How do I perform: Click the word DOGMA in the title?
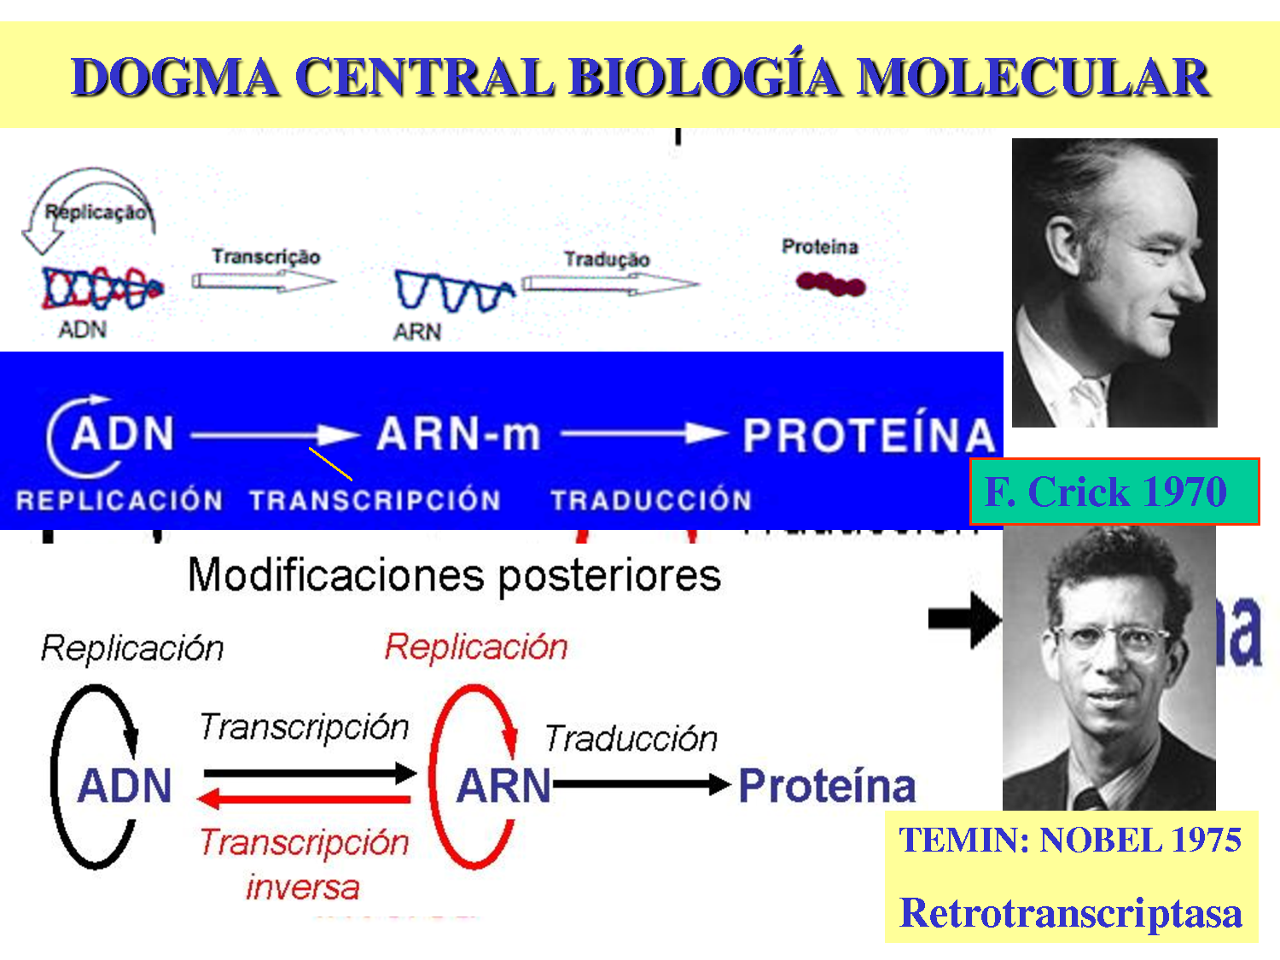[x=175, y=77]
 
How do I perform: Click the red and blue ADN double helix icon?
[x=101, y=288]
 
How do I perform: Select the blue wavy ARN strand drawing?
[x=452, y=292]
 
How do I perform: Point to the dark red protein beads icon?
[x=830, y=283]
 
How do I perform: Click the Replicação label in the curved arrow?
[x=96, y=212]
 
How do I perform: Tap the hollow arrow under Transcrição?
[x=263, y=281]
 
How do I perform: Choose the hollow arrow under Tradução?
[x=609, y=284]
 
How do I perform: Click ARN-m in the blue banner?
[x=458, y=434]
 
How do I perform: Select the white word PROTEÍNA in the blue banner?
[x=869, y=436]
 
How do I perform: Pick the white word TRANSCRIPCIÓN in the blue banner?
[x=375, y=500]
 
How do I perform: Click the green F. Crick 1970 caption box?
[x=1114, y=492]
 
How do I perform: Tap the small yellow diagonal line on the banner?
[x=330, y=463]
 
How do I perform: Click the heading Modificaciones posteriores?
[x=454, y=574]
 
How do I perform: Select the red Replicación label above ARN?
[x=475, y=647]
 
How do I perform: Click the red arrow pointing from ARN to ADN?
[x=305, y=800]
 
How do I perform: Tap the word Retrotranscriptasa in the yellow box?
[x=1071, y=912]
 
